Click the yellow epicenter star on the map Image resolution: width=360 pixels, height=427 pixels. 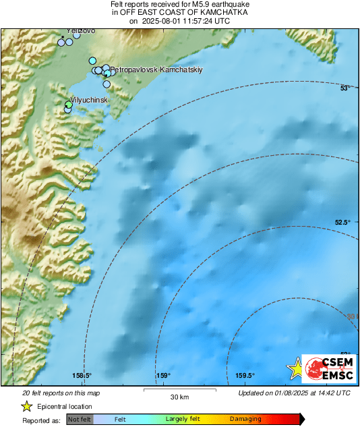295,368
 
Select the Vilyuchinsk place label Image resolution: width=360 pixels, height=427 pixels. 90,100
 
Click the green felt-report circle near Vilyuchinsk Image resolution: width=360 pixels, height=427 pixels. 68,105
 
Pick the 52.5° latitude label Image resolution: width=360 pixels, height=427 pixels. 344,223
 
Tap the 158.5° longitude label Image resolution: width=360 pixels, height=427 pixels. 82,376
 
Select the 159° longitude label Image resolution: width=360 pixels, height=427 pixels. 162,376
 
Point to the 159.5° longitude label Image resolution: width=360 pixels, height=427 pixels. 244,376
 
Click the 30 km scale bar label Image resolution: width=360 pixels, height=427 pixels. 179,397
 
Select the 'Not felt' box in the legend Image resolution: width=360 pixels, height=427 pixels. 80,420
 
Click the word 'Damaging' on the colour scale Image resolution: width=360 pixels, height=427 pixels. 245,420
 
